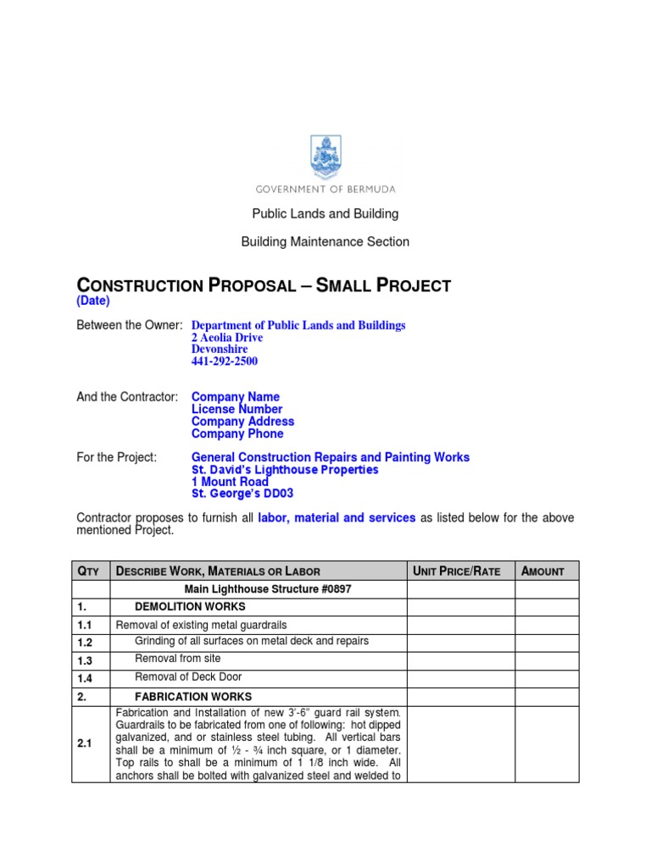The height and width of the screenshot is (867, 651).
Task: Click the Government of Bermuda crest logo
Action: point(325,156)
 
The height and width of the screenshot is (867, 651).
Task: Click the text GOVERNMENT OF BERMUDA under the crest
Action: point(325,190)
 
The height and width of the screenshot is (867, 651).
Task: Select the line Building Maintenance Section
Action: point(325,242)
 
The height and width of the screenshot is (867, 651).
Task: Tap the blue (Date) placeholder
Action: point(93,301)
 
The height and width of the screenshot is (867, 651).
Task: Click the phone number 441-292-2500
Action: point(225,362)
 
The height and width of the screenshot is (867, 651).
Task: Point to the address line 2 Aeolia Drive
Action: point(227,338)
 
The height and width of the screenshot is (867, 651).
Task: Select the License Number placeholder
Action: point(236,409)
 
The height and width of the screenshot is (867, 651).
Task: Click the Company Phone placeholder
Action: point(237,433)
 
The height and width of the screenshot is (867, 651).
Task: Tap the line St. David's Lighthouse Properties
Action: point(285,469)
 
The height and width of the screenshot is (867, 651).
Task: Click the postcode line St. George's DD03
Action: point(242,494)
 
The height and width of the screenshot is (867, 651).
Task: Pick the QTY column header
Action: point(89,571)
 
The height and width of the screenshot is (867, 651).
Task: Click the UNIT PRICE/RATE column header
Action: point(456,571)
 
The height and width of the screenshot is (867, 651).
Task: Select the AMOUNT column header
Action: point(543,571)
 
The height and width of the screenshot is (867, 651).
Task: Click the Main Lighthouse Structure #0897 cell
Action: point(259,589)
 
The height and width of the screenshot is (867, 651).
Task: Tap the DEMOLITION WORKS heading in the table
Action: point(191,607)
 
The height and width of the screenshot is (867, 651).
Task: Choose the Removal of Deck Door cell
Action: point(188,676)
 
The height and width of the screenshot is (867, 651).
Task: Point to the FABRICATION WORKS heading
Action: point(193,697)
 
